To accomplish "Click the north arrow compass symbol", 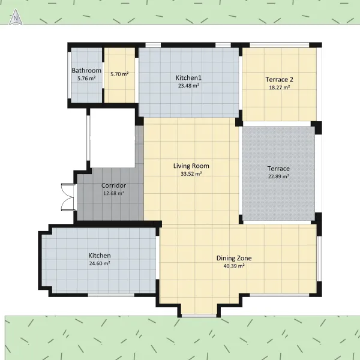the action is pos(16,17).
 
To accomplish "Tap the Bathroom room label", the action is pos(86,70).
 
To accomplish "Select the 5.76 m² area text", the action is pos(86,78).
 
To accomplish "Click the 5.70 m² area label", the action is pos(119,74).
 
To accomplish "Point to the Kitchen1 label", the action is pos(188,78).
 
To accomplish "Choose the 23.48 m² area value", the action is pos(188,86).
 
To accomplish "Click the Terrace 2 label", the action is pos(279,79).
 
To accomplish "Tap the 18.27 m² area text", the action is pos(279,88).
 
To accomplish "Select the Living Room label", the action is pos(191,166).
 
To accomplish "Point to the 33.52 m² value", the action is pos(191,174).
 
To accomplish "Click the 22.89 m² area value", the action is pos(278,176).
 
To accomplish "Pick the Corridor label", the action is pos(113,185).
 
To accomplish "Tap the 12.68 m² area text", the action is pos(113,193).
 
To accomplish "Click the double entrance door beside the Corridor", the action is pos(68,197).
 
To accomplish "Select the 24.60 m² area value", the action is pos(100,263).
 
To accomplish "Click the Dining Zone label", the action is pos(234,258).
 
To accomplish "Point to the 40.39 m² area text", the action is pos(234,266).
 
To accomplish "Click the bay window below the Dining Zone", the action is pos(199,316).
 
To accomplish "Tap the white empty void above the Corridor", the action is pos(113,138).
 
